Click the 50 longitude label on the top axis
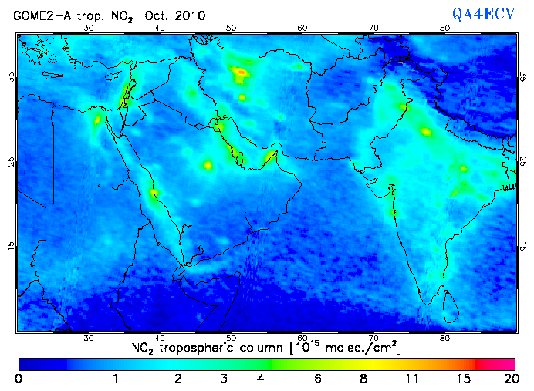(x=231, y=28)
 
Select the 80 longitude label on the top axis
(x=444, y=28)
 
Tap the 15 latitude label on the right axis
(x=524, y=246)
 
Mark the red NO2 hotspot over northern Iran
(x=242, y=72)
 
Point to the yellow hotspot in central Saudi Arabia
(x=207, y=165)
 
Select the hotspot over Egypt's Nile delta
(x=97, y=120)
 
